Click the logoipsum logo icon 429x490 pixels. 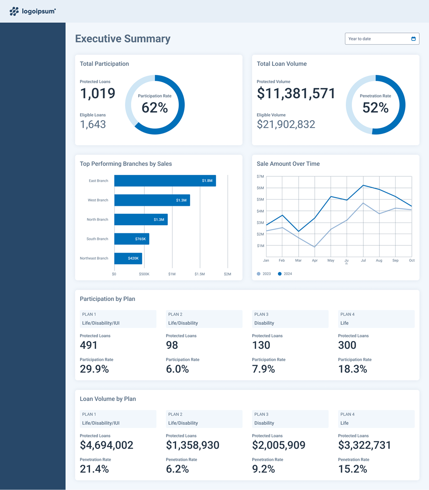click(x=14, y=11)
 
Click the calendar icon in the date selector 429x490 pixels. click(x=414, y=39)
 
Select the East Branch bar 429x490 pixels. click(x=165, y=181)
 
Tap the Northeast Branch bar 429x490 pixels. click(x=128, y=258)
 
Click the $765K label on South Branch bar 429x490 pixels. click(x=140, y=239)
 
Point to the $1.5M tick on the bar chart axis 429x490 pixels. click(x=200, y=274)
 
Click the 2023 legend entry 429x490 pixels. click(x=264, y=274)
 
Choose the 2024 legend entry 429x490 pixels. click(x=285, y=274)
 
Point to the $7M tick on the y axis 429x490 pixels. click(x=260, y=176)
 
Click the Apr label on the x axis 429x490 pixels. click(x=315, y=260)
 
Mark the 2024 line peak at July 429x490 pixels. click(x=363, y=185)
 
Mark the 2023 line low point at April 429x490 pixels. click(x=315, y=247)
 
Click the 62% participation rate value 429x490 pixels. click(x=155, y=107)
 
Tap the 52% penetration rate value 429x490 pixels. click(x=375, y=107)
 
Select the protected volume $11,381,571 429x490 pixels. click(x=296, y=93)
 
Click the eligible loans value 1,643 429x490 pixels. click(x=93, y=124)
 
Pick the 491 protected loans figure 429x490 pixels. click(x=89, y=345)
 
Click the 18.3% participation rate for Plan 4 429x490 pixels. click(x=353, y=369)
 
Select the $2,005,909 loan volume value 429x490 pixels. click(x=278, y=445)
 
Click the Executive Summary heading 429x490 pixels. click(x=123, y=39)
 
